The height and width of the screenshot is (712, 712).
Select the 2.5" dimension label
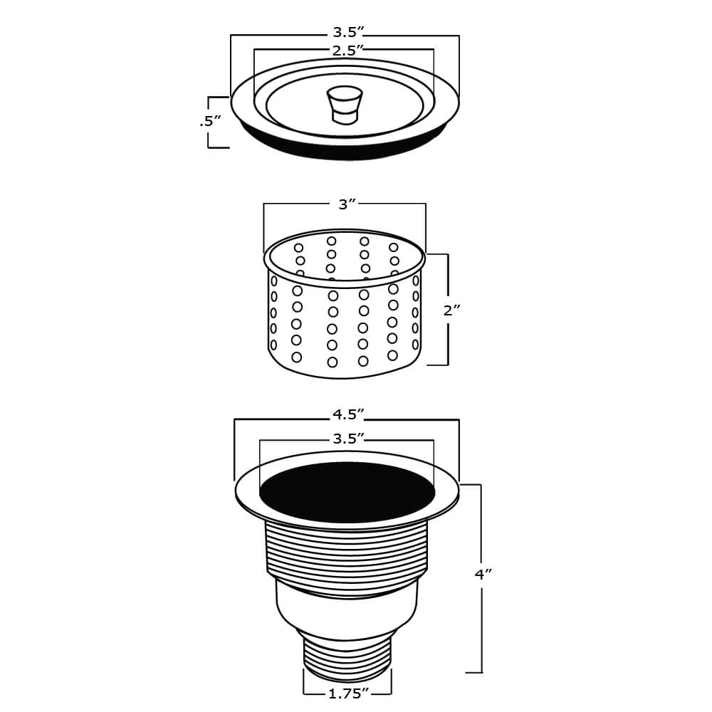347,49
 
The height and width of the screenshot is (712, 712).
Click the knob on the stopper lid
344,103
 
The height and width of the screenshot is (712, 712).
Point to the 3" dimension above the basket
347,204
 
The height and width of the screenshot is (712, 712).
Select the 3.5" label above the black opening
348,439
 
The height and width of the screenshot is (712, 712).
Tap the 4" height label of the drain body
483,574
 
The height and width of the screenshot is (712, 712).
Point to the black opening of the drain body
347,492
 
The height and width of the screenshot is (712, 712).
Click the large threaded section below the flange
347,552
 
